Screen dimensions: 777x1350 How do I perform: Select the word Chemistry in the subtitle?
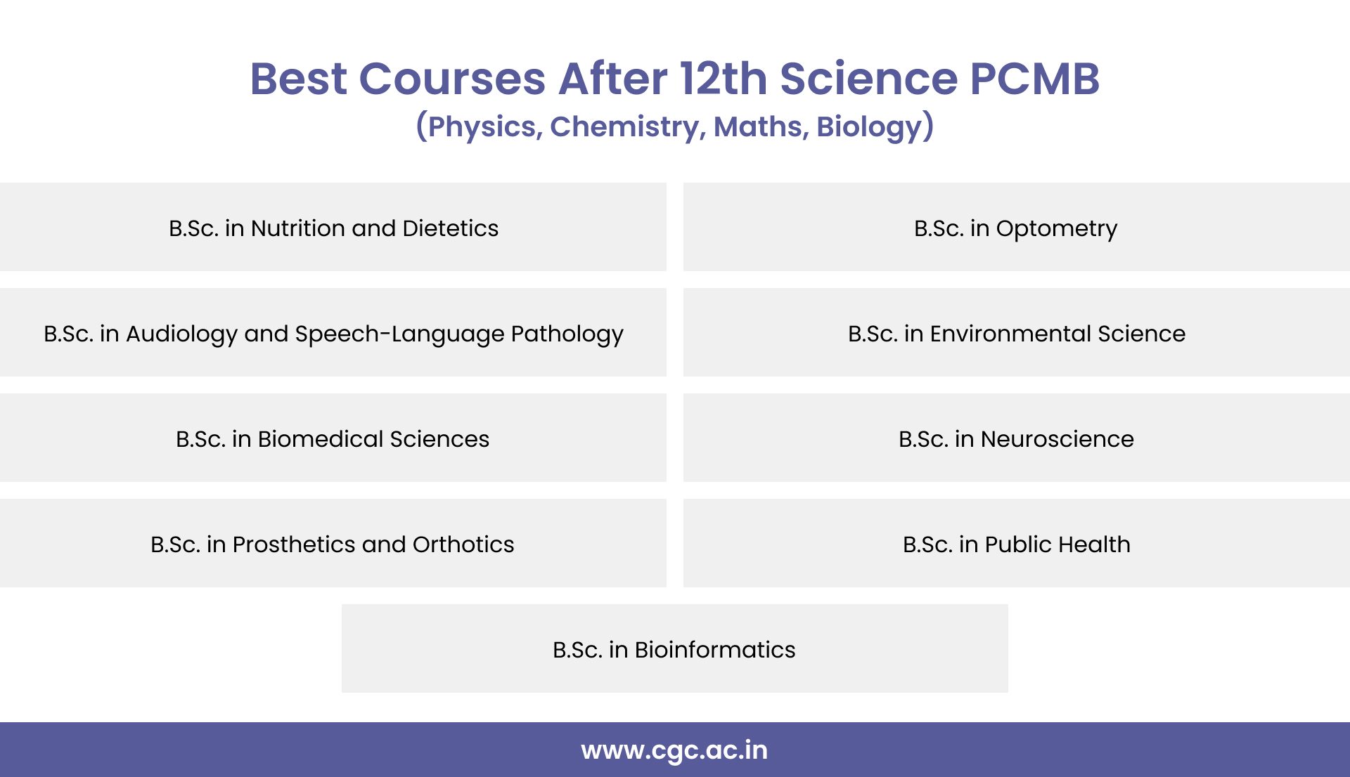coord(625,127)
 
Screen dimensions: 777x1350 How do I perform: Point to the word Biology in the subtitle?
coord(869,127)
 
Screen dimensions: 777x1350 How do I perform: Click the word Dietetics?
coord(450,228)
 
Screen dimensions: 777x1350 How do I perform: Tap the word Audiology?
coord(181,334)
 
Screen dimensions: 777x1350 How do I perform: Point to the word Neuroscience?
coord(1057,439)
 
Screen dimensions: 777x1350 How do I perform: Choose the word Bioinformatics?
coord(714,650)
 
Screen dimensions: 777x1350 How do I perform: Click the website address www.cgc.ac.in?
coord(674,750)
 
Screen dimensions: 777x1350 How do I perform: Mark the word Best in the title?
coord(298,78)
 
